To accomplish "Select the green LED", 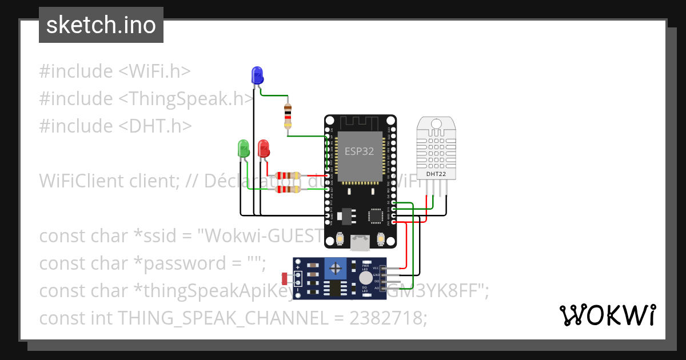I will pos(244,149).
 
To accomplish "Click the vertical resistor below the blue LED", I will pos(288,116).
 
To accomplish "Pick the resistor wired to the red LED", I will pos(288,176).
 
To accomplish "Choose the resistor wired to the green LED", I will pos(288,190).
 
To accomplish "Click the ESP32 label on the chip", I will pos(359,151).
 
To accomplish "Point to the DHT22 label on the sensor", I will pos(436,173).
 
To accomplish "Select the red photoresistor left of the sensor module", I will pos(285,278).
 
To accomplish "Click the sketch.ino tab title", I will pos(101,25).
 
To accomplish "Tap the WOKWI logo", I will pos(607,315).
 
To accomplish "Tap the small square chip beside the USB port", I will pos(376,216).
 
